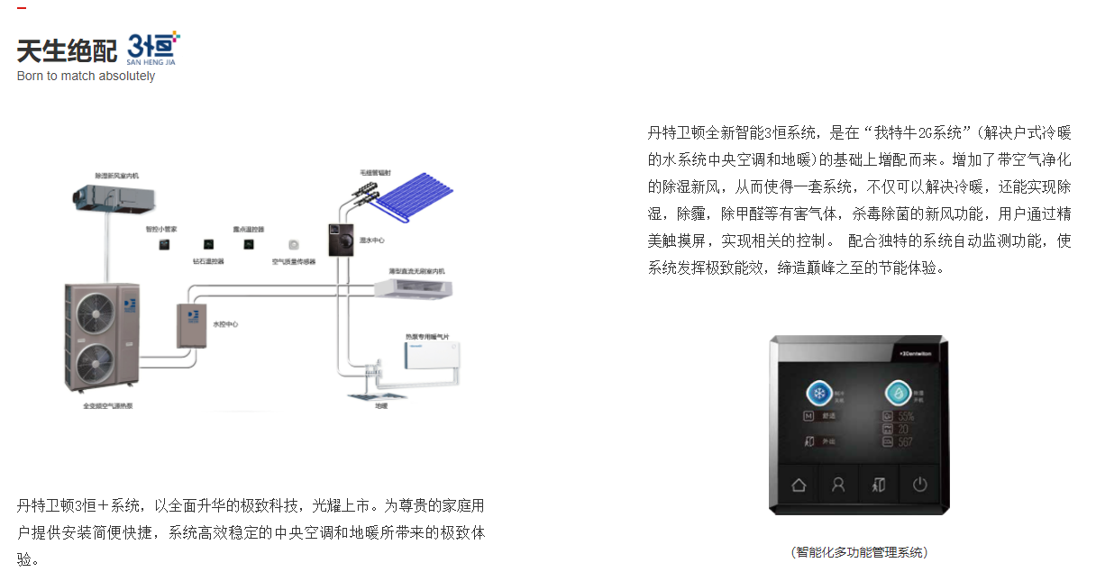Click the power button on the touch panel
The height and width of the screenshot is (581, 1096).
(919, 485)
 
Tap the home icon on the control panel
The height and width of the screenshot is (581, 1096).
(799, 485)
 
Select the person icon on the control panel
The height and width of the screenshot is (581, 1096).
(838, 485)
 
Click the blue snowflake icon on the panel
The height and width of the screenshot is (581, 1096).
(819, 395)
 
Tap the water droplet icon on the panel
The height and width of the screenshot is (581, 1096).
(897, 395)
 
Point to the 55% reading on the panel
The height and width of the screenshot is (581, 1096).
(904, 417)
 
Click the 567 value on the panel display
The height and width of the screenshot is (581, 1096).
(904, 442)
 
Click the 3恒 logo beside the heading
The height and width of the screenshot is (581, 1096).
(154, 46)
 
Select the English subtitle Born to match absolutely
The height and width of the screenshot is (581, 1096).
(86, 77)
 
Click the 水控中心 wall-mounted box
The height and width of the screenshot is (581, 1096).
(192, 326)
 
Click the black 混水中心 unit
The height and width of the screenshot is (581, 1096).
(340, 240)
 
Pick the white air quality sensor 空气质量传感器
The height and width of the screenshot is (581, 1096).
(294, 244)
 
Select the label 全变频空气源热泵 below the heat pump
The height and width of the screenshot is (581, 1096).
(107, 406)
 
